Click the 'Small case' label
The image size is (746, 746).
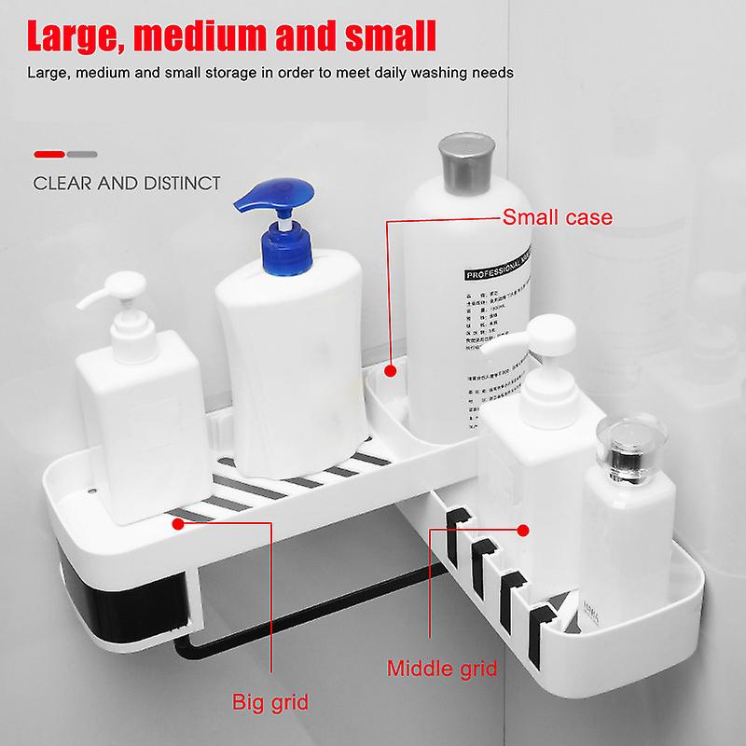click(x=558, y=218)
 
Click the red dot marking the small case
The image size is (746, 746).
click(x=391, y=371)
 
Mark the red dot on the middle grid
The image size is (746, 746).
click(x=522, y=532)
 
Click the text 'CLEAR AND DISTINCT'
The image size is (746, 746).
click(x=127, y=183)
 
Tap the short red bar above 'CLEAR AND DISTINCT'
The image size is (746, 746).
click(x=48, y=152)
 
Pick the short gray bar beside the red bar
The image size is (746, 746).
click(x=82, y=152)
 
